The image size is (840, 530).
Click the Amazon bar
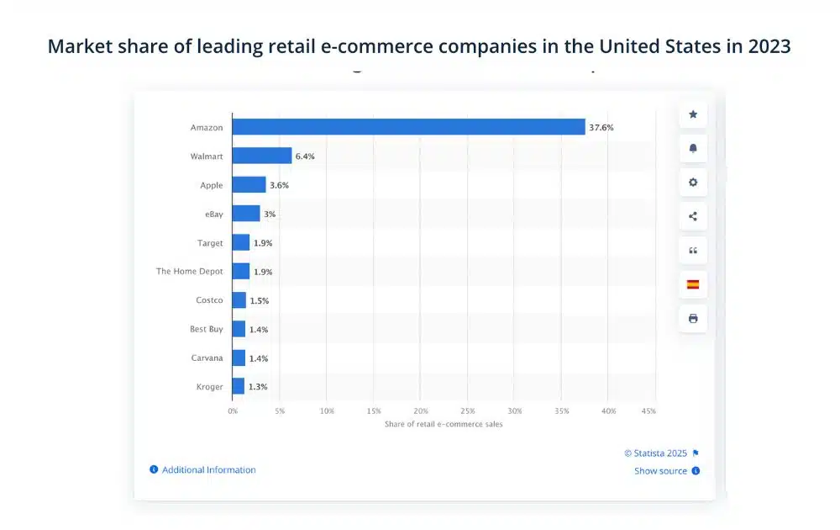408,127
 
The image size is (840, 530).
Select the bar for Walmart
262,156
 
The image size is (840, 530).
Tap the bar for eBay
246,214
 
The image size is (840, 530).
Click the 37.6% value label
601,128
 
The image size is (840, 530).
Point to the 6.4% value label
305,156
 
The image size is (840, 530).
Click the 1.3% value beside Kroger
258,387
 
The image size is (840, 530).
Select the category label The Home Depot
190,272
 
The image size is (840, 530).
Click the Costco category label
209,300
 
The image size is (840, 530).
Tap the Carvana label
207,358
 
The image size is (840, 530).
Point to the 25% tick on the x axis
468,411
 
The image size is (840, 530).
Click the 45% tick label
648,411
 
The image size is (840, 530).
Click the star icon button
693,114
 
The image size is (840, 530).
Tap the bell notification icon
693,149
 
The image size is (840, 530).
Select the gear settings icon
693,183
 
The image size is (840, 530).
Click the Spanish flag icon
693,284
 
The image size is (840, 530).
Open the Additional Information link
208,470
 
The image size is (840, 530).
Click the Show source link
660,471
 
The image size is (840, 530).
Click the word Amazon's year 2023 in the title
765,46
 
